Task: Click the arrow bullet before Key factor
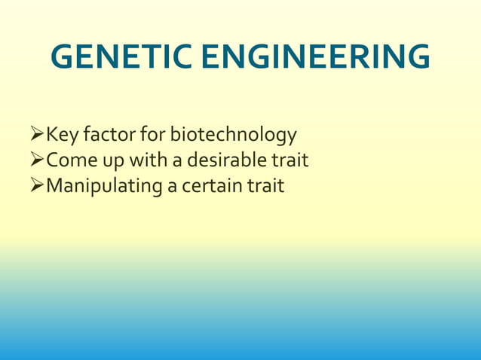click(x=37, y=136)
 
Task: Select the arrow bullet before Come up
click(x=37, y=160)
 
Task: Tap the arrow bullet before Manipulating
click(x=37, y=185)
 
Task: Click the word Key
click(x=62, y=136)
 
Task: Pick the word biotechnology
click(x=233, y=136)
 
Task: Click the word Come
click(x=71, y=160)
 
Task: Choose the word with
click(x=149, y=160)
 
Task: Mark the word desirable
click(x=227, y=160)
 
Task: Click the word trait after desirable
click(x=290, y=160)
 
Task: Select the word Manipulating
click(x=105, y=186)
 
